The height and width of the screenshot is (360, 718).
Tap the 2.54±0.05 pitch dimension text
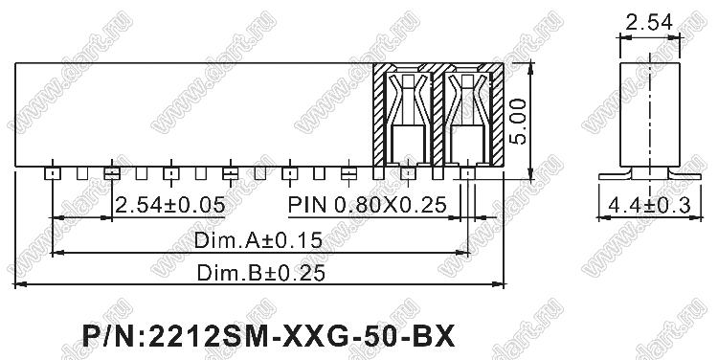[x=169, y=205]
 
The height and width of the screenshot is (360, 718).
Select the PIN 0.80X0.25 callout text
[x=368, y=205]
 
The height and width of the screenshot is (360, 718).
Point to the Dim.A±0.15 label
[x=258, y=240]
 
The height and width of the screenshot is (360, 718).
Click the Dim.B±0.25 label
[x=261, y=273]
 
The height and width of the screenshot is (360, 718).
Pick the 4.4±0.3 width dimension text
[x=649, y=206]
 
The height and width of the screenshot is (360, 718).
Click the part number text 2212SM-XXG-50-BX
[x=302, y=337]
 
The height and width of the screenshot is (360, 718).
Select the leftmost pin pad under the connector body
[x=53, y=173]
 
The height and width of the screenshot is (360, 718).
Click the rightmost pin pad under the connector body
[x=467, y=173]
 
